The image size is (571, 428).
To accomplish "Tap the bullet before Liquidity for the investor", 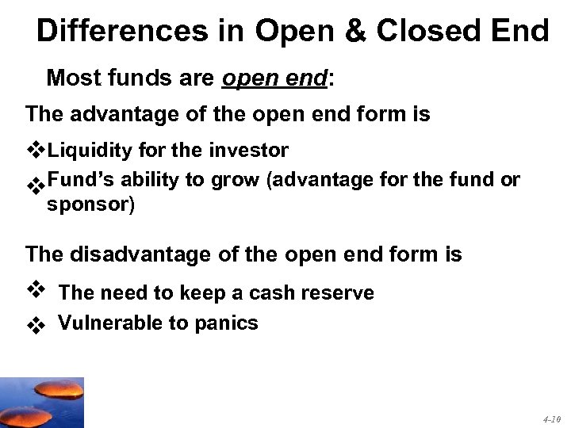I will [x=36, y=150].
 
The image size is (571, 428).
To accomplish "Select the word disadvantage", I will [x=143, y=254].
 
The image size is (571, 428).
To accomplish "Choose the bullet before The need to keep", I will [x=35, y=290].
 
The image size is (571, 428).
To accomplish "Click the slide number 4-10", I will [x=552, y=417].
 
